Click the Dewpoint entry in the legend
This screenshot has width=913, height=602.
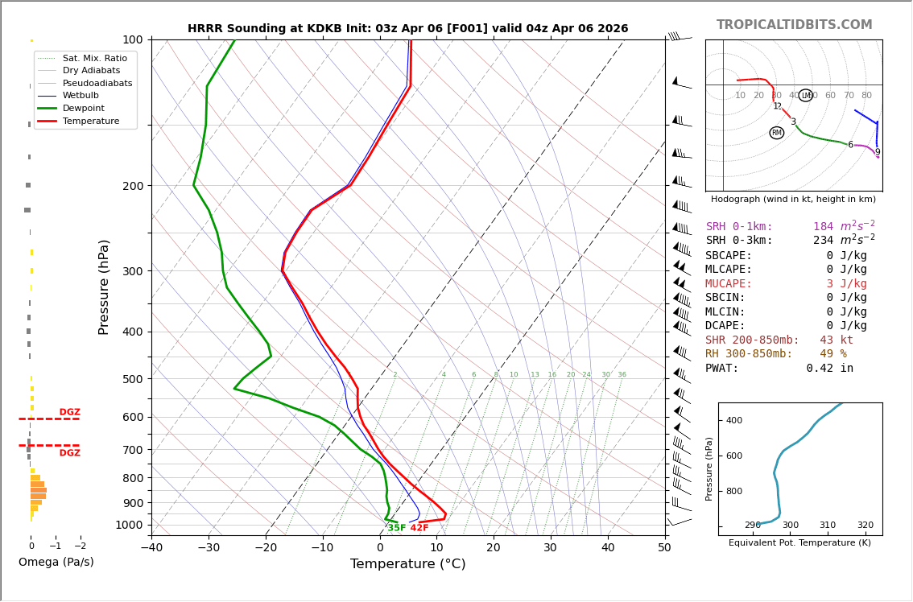click(89, 108)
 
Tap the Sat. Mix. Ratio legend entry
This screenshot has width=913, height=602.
click(94, 58)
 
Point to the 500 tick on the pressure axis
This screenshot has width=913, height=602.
click(132, 379)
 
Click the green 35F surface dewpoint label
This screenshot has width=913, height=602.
click(397, 528)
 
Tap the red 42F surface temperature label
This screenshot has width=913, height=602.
click(419, 528)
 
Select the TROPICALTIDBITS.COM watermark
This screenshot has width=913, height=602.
click(794, 25)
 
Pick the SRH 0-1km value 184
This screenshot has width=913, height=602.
click(823, 227)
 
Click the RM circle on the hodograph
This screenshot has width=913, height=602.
click(777, 133)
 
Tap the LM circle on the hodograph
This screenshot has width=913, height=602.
click(805, 96)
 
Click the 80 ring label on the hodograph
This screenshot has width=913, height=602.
click(866, 96)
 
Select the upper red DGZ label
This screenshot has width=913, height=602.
click(70, 412)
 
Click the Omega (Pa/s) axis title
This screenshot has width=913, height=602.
click(56, 562)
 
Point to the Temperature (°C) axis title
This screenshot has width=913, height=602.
click(407, 564)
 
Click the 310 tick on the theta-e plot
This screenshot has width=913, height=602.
click(828, 526)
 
